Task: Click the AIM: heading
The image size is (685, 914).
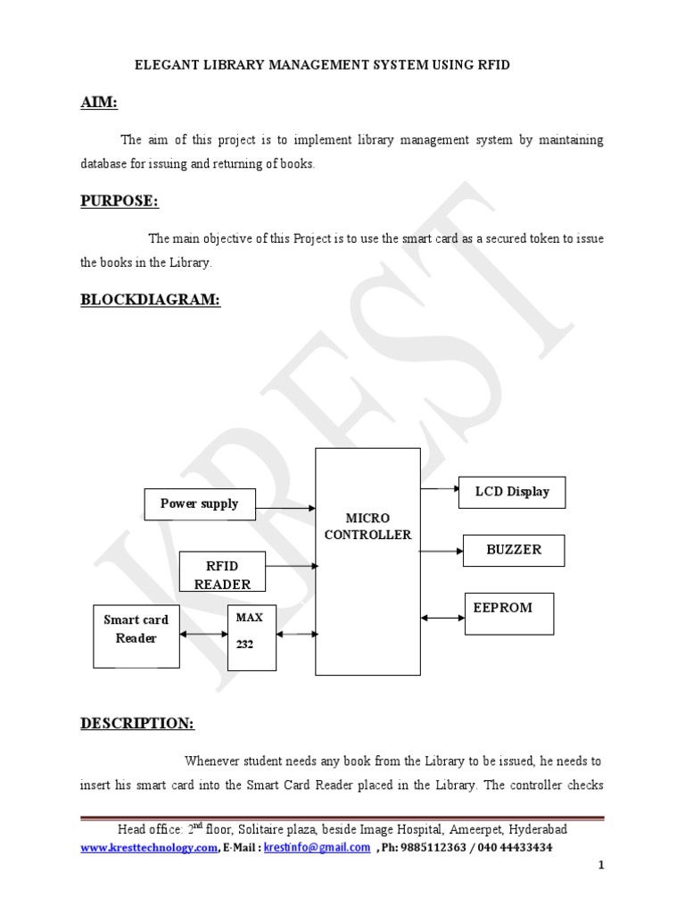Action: [98, 103]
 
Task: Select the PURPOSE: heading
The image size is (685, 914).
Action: [120, 201]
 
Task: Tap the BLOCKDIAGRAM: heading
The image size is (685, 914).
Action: [150, 300]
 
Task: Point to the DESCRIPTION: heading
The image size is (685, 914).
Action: [137, 722]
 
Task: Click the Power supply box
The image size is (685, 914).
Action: [199, 504]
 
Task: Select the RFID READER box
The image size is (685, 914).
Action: [222, 572]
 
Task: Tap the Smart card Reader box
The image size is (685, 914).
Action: [136, 636]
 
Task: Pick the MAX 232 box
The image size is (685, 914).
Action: [252, 636]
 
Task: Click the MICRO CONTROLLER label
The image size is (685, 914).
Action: [367, 527]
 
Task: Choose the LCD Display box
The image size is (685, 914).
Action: [511, 492]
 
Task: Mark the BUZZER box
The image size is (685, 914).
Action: [514, 550]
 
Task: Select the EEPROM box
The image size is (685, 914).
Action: [508, 613]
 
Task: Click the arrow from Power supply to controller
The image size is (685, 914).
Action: [285, 509]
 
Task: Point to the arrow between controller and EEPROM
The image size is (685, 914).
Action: [442, 618]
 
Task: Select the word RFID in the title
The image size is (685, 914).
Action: [492, 66]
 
